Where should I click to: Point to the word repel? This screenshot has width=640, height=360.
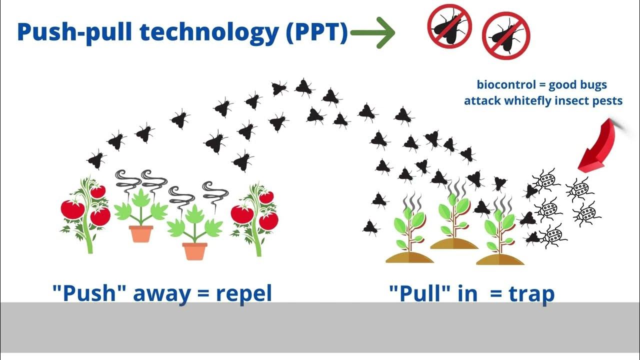244,293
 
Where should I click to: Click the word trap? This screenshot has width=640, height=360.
531,293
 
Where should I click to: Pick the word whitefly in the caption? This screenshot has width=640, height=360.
540,101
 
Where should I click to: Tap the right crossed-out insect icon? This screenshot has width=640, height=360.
505,35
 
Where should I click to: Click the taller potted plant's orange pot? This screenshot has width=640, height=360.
140,233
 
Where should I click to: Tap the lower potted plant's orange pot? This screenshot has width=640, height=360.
194,251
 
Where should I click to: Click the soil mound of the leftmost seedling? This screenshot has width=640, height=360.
409,256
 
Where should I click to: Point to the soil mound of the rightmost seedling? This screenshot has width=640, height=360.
500,259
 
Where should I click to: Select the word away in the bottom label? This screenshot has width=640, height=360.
160,293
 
